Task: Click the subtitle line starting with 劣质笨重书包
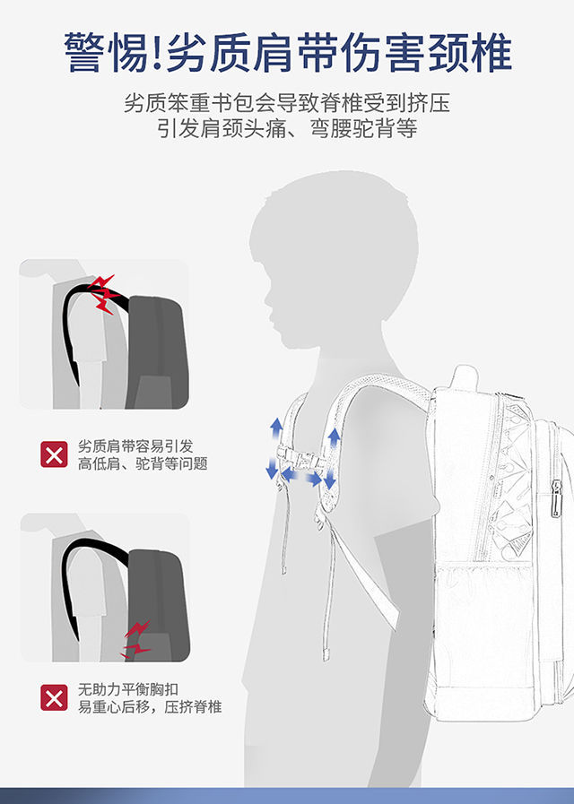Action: tap(286, 102)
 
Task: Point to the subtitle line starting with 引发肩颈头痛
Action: tap(286, 129)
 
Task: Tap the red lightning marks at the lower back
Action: tap(136, 638)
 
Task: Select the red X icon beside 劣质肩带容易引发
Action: tap(54, 454)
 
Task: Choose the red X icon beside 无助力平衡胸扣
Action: tap(54, 697)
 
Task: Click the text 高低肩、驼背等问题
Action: tap(143, 463)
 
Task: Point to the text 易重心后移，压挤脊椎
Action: tap(149, 707)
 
